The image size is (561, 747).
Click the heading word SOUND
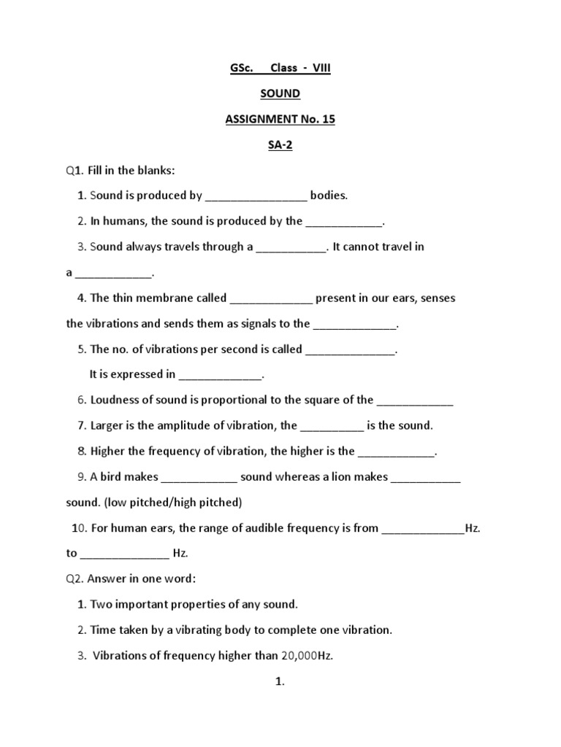tap(280, 93)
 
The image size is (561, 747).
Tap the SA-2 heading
tap(280, 144)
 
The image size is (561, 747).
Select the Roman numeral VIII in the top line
tap(322, 68)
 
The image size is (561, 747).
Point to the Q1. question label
tap(75, 170)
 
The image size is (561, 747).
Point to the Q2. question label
tap(75, 578)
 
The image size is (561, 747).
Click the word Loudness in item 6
tap(115, 400)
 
